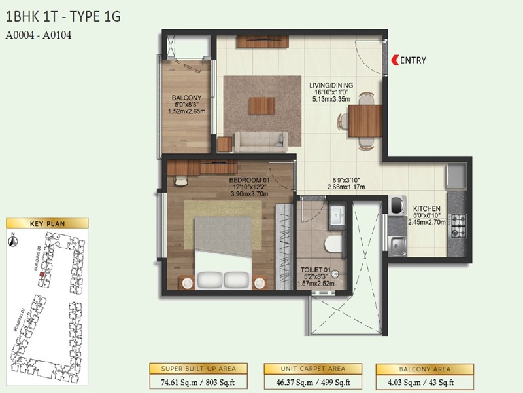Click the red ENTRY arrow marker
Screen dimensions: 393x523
[x=394, y=60]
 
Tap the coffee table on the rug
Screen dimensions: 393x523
[x=261, y=104]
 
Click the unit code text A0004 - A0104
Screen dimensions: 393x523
[x=38, y=36]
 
